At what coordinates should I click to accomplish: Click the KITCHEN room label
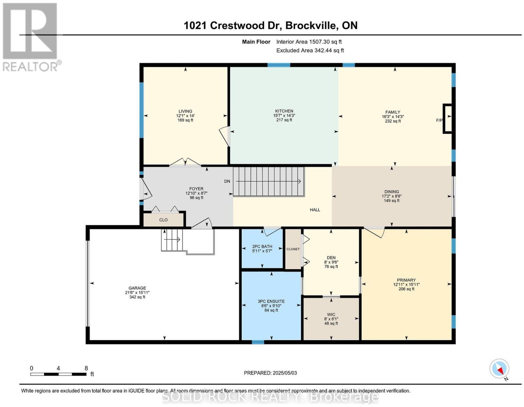point(284,111)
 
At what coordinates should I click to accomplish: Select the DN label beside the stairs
point(227,181)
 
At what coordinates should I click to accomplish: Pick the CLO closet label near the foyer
point(163,220)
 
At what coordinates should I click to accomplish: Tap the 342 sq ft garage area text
point(137,297)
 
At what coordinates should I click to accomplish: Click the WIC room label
point(331,314)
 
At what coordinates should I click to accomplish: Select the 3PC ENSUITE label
point(271,301)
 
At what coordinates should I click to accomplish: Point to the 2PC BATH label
point(262,246)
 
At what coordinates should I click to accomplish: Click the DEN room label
point(331,258)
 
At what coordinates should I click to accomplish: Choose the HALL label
point(315,210)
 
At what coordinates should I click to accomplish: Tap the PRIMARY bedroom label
point(406,280)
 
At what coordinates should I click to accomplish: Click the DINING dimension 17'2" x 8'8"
point(392,196)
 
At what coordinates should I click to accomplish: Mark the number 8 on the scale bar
point(86,368)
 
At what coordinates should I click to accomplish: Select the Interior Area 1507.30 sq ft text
point(309,42)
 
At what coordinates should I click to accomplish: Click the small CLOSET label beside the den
point(293,249)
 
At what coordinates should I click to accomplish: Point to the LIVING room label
point(185,111)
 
